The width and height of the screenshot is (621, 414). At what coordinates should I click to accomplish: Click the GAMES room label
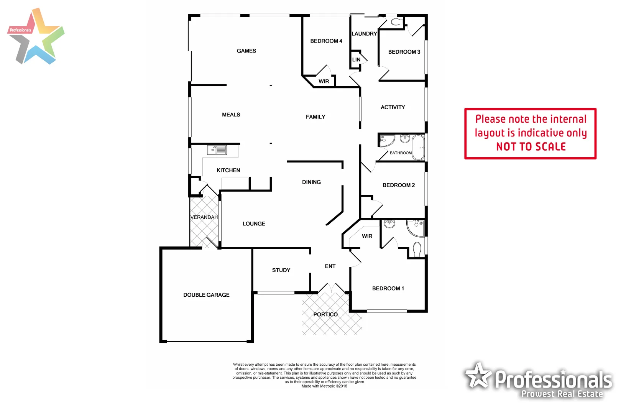pyautogui.click(x=246, y=51)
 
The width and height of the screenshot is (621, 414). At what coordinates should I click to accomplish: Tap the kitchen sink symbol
pyautogui.click(x=217, y=150)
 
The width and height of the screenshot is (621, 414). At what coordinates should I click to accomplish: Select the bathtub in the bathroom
pyautogui.click(x=418, y=147)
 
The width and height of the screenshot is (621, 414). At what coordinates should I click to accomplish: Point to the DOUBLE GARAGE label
pyautogui.click(x=206, y=295)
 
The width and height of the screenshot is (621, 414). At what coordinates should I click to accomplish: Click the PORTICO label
pyautogui.click(x=325, y=314)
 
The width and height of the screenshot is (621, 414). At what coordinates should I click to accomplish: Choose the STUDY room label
pyautogui.click(x=281, y=270)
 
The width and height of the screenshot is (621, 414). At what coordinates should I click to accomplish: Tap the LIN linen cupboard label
pyautogui.click(x=356, y=60)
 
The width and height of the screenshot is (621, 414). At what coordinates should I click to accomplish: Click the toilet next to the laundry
pyautogui.click(x=396, y=22)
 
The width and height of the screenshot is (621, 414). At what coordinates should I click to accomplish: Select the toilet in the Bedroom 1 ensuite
pyautogui.click(x=417, y=249)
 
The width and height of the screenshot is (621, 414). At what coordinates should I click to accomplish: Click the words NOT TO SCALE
pyautogui.click(x=531, y=147)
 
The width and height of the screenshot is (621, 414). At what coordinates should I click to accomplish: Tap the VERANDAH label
pyautogui.click(x=204, y=217)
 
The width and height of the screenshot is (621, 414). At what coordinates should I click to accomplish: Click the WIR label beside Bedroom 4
pyautogui.click(x=324, y=81)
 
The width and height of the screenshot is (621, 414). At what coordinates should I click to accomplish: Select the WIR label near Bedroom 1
pyautogui.click(x=367, y=236)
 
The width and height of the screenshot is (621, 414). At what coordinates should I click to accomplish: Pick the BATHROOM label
pyautogui.click(x=401, y=153)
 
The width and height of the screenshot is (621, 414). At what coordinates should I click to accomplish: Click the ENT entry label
pyautogui.click(x=330, y=266)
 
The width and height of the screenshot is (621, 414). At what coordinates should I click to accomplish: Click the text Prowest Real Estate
pyautogui.click(x=562, y=394)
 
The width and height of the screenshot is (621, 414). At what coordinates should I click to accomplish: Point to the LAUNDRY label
pyautogui.click(x=364, y=34)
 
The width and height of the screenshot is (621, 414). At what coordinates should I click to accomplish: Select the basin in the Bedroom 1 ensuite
pyautogui.click(x=389, y=224)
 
